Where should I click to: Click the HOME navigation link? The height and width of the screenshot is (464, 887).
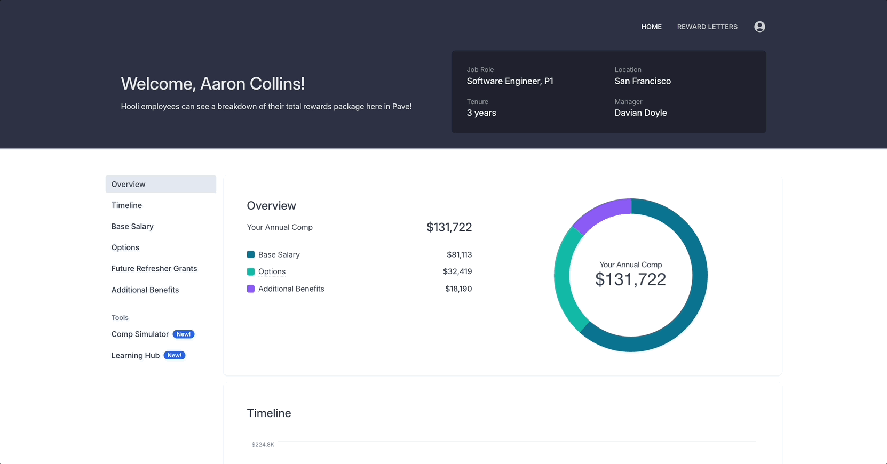point(651,27)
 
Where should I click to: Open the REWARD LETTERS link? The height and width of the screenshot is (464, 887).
point(707,27)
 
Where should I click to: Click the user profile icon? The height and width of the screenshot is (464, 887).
point(759,27)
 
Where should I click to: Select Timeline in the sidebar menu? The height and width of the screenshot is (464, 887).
point(126,205)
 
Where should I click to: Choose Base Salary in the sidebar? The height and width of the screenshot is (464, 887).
point(132,227)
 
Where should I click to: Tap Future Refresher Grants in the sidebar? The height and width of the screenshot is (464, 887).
point(154,269)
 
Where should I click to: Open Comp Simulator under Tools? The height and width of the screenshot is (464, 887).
point(140,334)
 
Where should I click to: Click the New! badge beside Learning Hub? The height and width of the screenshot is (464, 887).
point(175,356)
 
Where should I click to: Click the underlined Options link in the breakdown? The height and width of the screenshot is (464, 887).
point(272,271)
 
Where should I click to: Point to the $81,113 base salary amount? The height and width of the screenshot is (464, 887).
point(459,255)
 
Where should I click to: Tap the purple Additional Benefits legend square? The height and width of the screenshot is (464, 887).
point(251,289)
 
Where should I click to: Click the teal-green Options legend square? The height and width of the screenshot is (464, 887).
point(251,271)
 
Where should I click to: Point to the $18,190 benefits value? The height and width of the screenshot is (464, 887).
point(458,289)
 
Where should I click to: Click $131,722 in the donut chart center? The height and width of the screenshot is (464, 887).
point(630,279)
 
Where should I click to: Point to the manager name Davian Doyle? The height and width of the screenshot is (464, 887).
point(640,113)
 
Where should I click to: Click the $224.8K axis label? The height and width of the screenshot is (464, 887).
point(263,445)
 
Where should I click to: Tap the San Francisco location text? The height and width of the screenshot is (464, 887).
point(643,81)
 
